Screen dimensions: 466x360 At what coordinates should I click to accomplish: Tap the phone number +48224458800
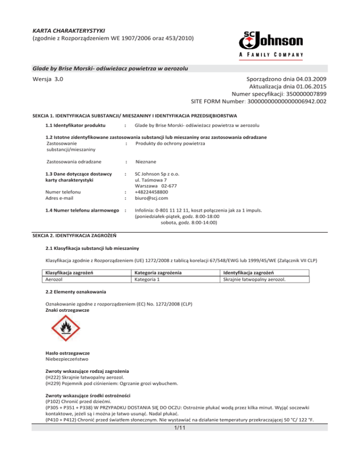point(155,191)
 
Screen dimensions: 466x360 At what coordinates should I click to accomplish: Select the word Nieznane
point(146,162)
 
